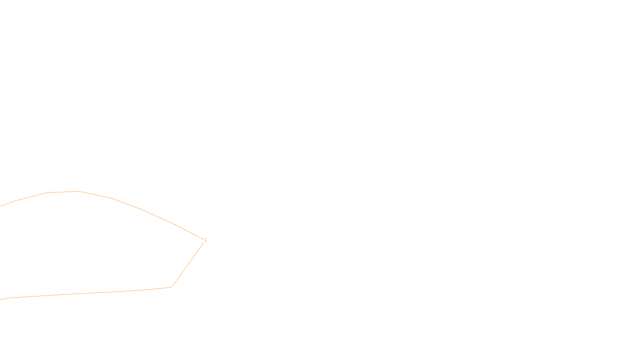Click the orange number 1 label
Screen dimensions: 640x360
coord(206,240)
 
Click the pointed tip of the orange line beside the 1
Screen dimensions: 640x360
coord(204,240)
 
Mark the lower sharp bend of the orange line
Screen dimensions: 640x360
coord(171,287)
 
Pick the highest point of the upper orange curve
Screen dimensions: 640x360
coord(78,192)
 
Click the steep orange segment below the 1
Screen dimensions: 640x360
coord(187,264)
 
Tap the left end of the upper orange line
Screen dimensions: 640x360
coord(1,206)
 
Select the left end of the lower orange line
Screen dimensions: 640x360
coord(1,299)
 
